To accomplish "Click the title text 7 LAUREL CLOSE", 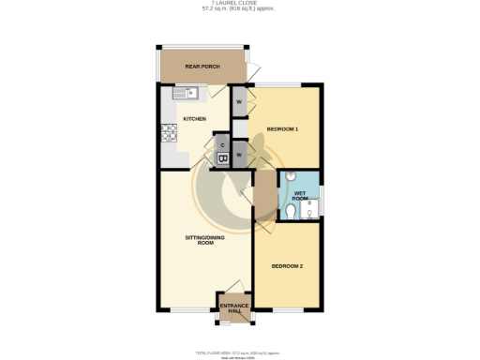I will click(x=240, y=5).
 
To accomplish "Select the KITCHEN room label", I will click(x=194, y=119).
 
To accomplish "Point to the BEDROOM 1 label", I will click(x=283, y=127).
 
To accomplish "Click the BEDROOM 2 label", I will click(x=287, y=266).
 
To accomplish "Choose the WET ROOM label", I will click(x=300, y=195).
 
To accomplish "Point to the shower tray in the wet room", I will click(x=310, y=210).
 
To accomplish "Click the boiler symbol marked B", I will click(x=222, y=159).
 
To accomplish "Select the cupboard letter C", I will click(x=221, y=144).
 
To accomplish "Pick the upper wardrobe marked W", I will click(x=240, y=102).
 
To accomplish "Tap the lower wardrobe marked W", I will click(x=240, y=154).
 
